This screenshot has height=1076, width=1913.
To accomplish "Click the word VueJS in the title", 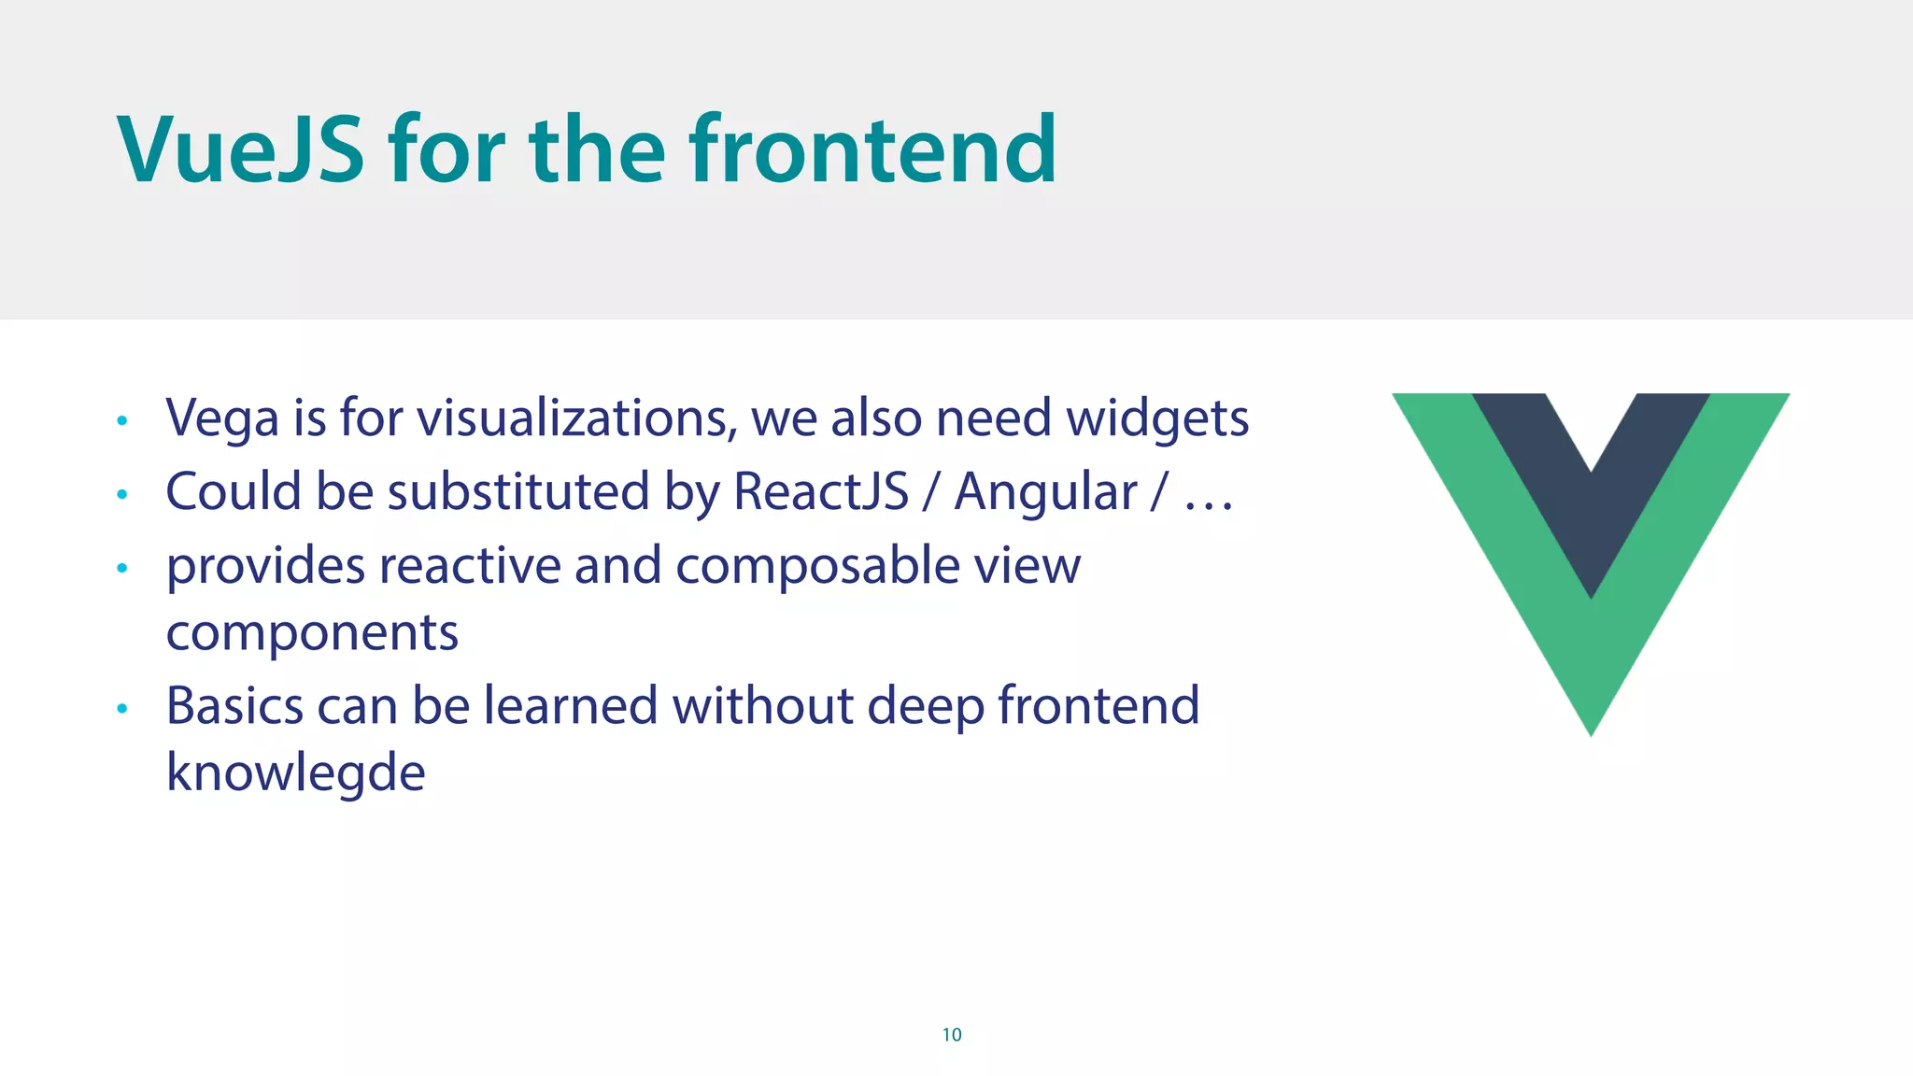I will (240, 149).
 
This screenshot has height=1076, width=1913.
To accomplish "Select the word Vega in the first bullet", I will (221, 418).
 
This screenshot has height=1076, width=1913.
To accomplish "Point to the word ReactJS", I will (820, 491).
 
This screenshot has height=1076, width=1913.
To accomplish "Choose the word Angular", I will (1045, 493).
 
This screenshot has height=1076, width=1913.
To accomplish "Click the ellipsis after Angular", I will (1209, 505).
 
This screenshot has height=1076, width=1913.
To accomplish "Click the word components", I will (312, 633).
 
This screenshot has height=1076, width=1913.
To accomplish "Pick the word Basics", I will (234, 705).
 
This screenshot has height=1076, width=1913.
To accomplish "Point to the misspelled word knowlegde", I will (295, 773).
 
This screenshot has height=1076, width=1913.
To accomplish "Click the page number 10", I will (951, 1035).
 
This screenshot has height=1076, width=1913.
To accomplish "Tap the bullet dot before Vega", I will (121, 421).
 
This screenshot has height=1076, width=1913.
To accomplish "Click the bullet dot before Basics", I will (121, 710).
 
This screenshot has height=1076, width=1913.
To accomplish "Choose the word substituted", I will (517, 491).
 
